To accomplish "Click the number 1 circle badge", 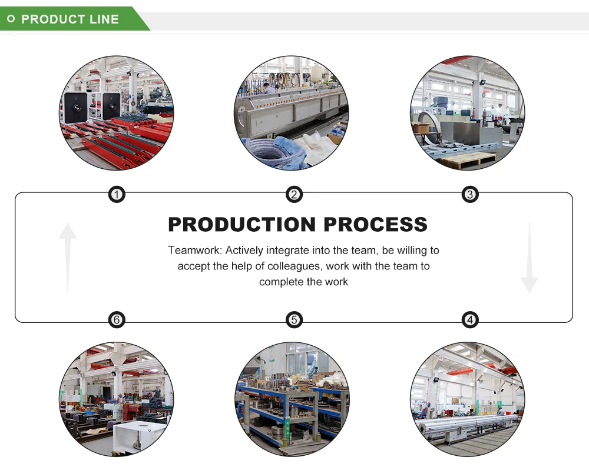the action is pos(117,195).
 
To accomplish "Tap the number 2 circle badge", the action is pos(294,195).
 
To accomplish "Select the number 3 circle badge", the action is pos(469,195).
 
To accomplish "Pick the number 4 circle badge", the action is pos(469,320).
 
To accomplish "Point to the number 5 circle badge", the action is pos(294,320).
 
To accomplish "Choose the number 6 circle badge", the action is pos(117,320).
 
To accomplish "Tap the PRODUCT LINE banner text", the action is pos(70,19).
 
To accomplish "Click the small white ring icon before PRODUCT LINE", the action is pos(11,19).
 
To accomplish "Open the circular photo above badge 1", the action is pos(117,113).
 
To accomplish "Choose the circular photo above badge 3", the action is pos(467,113).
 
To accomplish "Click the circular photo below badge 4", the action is pos(467,399).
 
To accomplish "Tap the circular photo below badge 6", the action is pos(117,399).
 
